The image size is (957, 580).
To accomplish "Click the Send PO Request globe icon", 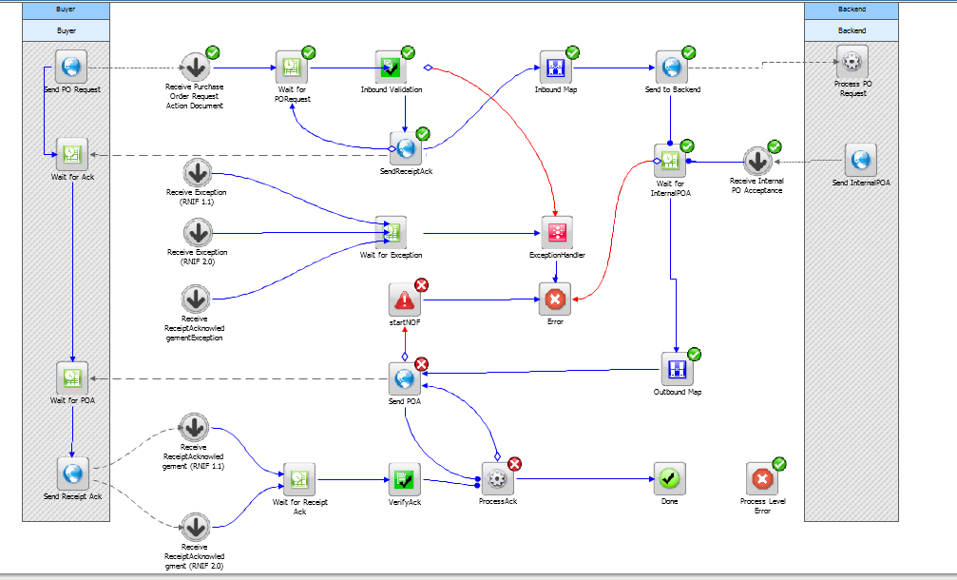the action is [71, 67].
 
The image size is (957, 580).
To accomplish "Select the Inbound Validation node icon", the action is [391, 68].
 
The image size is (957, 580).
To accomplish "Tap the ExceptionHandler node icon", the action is [557, 232].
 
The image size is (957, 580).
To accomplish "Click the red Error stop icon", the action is [555, 300].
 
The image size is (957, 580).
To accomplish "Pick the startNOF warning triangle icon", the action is [405, 300].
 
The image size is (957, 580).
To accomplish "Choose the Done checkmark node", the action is [670, 478].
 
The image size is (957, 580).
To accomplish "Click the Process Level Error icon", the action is [762, 478].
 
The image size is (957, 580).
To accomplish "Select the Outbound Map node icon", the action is [678, 369].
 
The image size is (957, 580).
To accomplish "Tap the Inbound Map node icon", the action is [556, 68].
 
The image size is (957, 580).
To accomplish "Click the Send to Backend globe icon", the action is [672, 68].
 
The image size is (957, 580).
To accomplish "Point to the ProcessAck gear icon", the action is [498, 478].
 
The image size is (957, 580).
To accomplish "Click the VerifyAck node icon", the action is [405, 479].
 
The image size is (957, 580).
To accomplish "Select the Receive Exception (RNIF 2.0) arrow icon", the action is [198, 233].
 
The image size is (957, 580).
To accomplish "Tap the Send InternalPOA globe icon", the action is [861, 160].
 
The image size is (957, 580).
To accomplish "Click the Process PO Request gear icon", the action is [852, 62].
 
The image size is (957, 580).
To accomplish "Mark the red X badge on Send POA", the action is [421, 364].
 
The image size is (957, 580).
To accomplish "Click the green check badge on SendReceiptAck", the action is [422, 134].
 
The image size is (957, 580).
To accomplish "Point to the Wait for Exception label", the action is [392, 255].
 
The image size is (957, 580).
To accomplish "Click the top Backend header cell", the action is [852, 10].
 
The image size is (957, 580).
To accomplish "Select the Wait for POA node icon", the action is [72, 377].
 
